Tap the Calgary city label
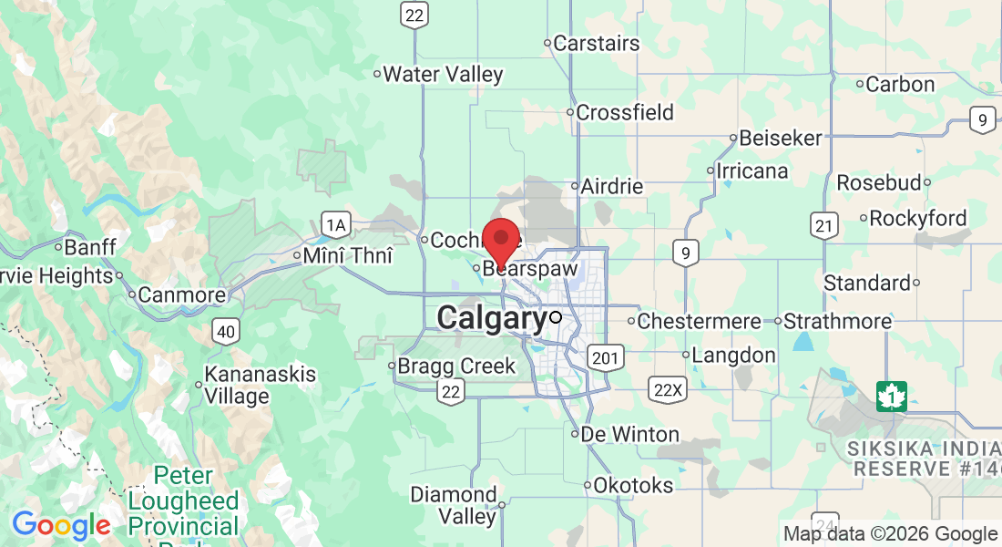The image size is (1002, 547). click(492, 318)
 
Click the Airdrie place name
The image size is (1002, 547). click(612, 187)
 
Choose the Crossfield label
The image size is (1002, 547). click(625, 113)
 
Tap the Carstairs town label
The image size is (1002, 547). click(597, 43)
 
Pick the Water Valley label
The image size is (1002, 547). click(443, 75)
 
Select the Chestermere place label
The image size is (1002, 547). click(699, 322)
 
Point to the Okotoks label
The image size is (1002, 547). click(633, 486)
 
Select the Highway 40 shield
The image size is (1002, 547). click(227, 331)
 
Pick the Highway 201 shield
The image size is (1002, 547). click(603, 356)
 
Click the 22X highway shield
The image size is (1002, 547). click(668, 390)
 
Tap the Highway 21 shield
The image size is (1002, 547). click(824, 226)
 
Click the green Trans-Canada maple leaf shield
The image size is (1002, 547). click(890, 396)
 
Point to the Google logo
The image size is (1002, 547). click(61, 526)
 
